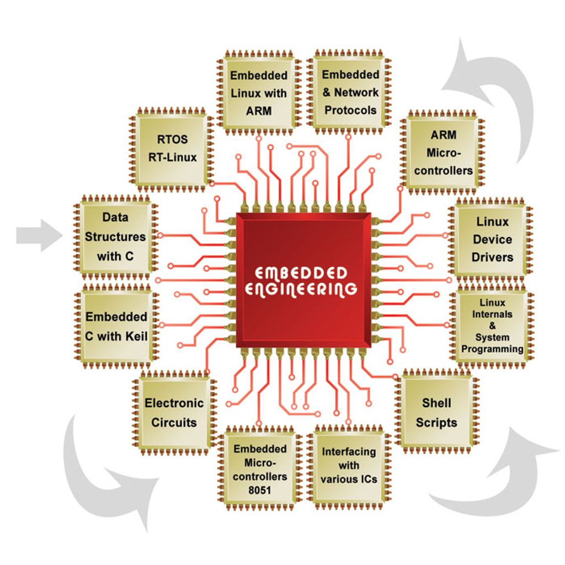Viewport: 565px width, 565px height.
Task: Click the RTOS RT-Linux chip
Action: (x=172, y=148)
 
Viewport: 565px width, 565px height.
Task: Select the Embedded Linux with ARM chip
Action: (x=259, y=92)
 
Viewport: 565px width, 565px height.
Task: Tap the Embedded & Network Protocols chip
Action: (x=350, y=92)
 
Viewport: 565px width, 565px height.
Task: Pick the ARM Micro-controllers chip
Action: (x=444, y=152)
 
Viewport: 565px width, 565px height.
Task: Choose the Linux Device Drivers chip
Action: (x=492, y=239)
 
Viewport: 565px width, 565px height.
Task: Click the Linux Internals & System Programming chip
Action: (x=492, y=326)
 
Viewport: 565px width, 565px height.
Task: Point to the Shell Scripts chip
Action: (x=436, y=413)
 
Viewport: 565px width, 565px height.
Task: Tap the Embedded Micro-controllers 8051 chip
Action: (x=259, y=469)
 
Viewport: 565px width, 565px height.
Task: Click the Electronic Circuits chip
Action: (x=174, y=413)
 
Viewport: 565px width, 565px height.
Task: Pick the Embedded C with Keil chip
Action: (x=116, y=326)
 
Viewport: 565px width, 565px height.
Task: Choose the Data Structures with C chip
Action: (x=115, y=237)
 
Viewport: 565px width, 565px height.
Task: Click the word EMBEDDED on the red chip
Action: (x=301, y=274)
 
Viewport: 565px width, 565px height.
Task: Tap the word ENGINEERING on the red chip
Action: (x=301, y=289)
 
